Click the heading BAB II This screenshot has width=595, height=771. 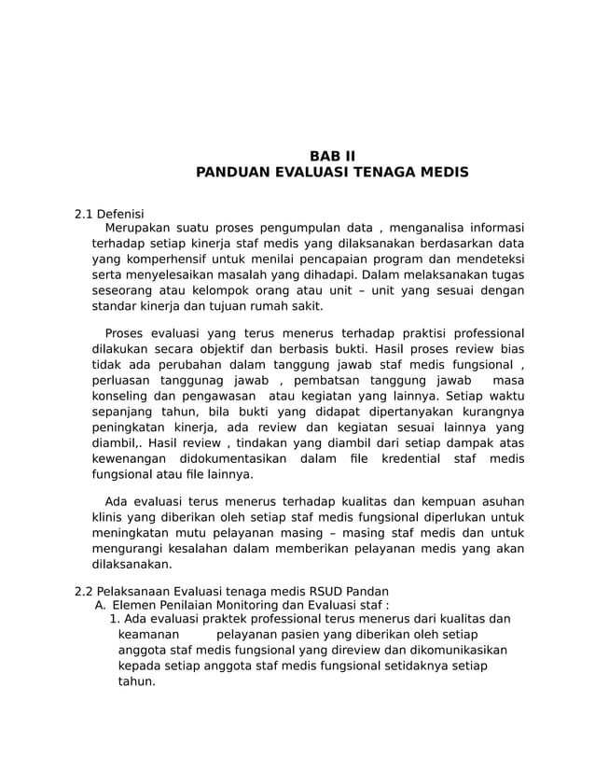click(x=332, y=156)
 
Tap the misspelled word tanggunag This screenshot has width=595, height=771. click(x=196, y=381)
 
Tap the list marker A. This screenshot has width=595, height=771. click(x=101, y=605)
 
